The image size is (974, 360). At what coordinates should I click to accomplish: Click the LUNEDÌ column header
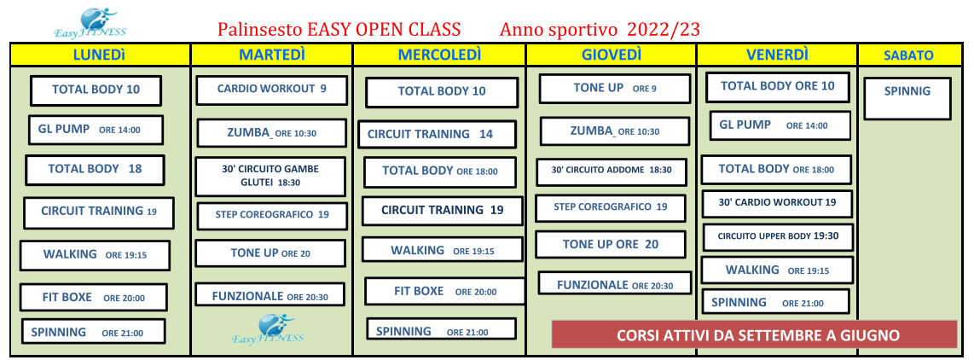100,55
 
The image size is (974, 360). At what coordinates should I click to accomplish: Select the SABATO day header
908,55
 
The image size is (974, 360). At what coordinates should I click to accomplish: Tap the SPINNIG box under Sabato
907,98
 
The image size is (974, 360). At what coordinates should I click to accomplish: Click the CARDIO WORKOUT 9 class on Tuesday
271,90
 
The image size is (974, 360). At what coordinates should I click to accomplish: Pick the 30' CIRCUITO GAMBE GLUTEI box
270,176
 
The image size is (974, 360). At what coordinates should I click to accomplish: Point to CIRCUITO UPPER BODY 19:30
778,237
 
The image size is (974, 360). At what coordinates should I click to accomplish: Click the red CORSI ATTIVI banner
754,334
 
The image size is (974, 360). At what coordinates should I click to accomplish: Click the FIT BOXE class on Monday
94,297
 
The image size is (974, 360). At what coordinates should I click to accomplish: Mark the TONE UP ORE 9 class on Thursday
614,88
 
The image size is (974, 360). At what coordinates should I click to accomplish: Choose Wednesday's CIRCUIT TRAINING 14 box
437,134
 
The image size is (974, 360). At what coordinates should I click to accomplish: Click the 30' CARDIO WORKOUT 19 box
776,203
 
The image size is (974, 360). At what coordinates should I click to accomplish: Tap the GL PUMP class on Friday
780,125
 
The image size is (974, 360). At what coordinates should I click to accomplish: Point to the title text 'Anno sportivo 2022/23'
600,29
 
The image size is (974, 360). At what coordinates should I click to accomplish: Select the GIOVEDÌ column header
612,55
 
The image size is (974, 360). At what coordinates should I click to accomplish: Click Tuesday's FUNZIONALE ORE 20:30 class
270,294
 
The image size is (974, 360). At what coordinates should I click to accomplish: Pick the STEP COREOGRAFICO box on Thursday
611,207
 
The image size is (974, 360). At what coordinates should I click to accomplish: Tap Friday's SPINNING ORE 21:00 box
775,302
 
